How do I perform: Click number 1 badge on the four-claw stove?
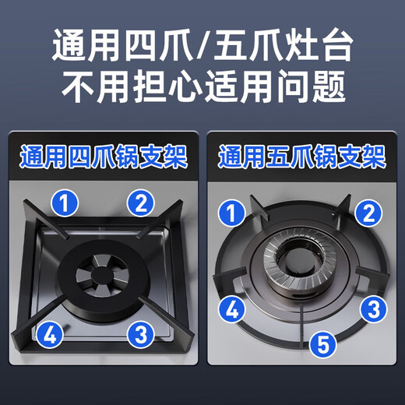[68, 204]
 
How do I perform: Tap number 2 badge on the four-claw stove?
[140, 204]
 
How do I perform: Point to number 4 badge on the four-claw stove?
[49, 336]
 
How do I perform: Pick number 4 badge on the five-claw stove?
[231, 309]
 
